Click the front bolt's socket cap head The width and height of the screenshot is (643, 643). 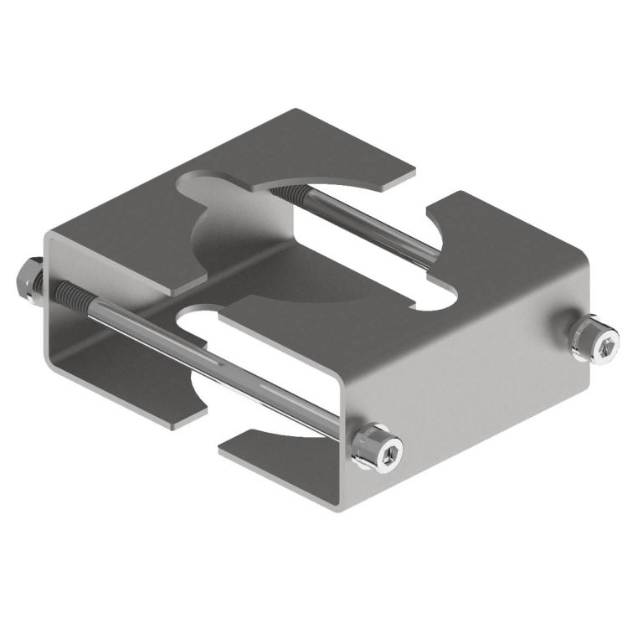coord(382,451)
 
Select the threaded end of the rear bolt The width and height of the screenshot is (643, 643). coord(289,197)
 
